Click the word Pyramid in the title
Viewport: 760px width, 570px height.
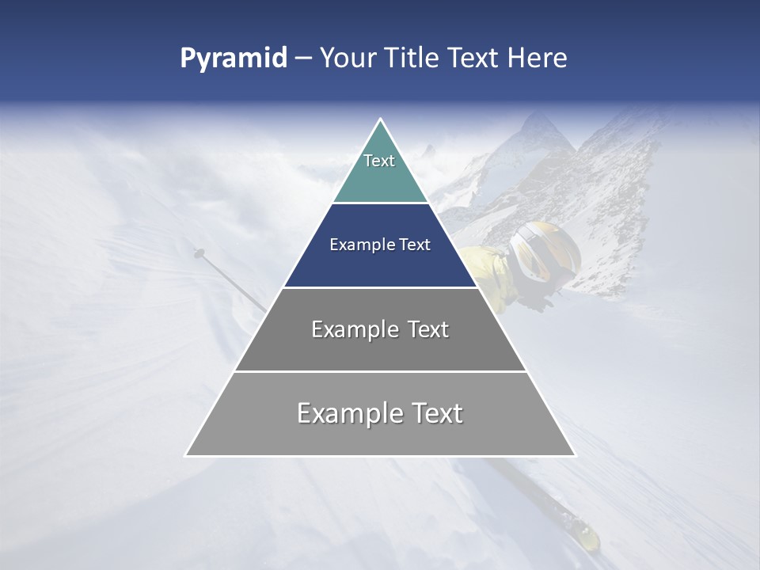click(x=233, y=59)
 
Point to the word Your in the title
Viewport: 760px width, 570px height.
click(x=347, y=59)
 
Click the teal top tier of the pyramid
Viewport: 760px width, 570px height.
click(x=380, y=178)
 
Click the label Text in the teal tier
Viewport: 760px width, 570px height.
click(x=379, y=161)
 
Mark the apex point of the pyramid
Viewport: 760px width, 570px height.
click(x=380, y=120)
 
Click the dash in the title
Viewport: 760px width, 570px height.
click(x=302, y=59)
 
